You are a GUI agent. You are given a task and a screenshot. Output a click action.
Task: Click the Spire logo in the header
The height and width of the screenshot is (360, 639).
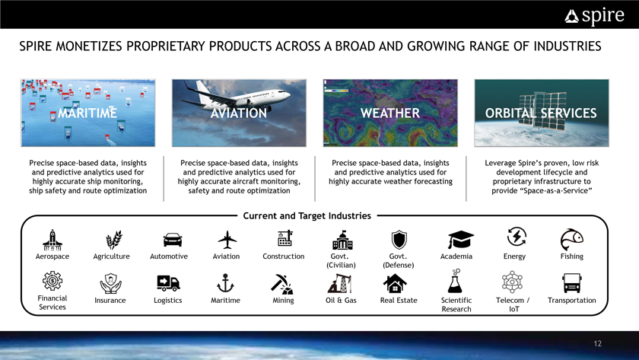[x=594, y=16]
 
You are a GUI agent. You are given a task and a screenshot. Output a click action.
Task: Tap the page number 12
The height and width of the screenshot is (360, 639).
[x=597, y=344]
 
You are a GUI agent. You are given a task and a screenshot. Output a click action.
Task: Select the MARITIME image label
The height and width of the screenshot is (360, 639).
[x=87, y=113]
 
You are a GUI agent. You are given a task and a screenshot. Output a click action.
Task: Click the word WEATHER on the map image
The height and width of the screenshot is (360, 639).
[x=390, y=113]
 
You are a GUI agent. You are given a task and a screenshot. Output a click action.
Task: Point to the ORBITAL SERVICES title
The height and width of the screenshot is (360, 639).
[x=541, y=113]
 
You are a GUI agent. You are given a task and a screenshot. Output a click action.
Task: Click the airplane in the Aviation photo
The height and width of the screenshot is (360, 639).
[x=236, y=95]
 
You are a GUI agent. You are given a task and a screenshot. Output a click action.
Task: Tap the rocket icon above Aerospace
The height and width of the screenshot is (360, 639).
[x=52, y=240]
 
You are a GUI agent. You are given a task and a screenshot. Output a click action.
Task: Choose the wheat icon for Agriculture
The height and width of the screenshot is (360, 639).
[x=113, y=240]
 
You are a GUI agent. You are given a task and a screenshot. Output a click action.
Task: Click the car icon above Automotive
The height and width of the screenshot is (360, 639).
[x=173, y=240]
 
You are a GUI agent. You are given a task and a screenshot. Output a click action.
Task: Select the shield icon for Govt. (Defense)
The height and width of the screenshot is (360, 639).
[x=399, y=240]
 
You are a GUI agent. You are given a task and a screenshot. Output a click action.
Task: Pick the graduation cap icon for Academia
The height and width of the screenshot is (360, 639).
[x=460, y=239]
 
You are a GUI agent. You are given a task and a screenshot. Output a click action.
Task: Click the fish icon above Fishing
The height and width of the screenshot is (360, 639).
[x=572, y=239]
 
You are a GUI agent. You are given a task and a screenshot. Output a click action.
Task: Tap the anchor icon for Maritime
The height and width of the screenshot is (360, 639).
[x=225, y=283]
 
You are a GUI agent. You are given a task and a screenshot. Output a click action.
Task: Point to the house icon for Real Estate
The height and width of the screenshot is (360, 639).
[x=395, y=283]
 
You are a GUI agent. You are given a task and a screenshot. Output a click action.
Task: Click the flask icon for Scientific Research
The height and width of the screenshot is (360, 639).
[x=455, y=281]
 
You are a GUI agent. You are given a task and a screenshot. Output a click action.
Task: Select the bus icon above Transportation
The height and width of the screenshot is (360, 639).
[x=572, y=283]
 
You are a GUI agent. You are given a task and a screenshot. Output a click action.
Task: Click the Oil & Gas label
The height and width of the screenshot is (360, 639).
[x=341, y=301]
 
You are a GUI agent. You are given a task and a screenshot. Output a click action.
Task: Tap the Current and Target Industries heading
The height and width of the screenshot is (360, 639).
[x=307, y=215]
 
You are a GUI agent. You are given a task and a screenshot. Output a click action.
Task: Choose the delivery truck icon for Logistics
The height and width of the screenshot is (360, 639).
[x=168, y=283]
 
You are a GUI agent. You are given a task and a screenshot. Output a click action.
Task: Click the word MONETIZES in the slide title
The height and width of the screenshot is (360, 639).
[x=88, y=46]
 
